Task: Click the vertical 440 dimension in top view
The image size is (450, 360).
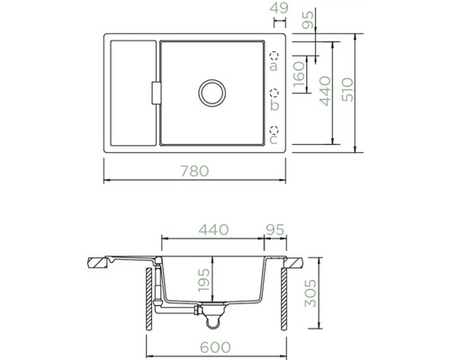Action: tap(325, 90)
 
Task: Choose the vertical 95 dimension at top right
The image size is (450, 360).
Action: tap(308, 21)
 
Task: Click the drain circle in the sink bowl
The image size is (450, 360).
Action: tap(214, 93)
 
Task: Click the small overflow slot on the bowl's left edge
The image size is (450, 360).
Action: tap(154, 93)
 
